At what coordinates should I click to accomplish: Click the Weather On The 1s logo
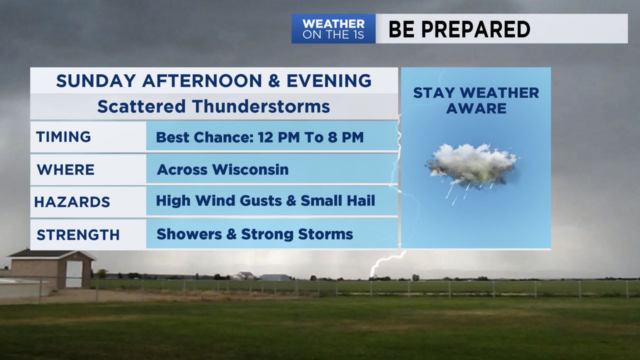pyautogui.click(x=333, y=29)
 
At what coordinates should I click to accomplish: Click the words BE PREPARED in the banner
pyautogui.click(x=459, y=29)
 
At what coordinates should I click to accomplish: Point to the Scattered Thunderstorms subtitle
pyautogui.click(x=213, y=106)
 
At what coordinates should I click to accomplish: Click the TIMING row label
pyautogui.click(x=63, y=136)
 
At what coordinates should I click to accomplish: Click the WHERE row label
pyautogui.click(x=65, y=169)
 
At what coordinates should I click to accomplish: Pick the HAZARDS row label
pyautogui.click(x=72, y=202)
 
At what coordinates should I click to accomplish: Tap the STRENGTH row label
pyautogui.click(x=78, y=234)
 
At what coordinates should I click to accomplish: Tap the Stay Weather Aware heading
pyautogui.click(x=476, y=100)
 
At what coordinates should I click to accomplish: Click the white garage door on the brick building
pyautogui.click(x=74, y=274)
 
